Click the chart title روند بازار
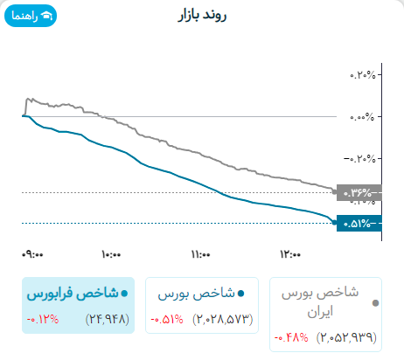201,17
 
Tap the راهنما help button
31,17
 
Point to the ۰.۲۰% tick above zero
362,74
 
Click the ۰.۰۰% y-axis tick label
362,116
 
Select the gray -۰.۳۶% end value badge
358,192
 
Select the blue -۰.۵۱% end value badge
358,223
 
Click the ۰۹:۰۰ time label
33,255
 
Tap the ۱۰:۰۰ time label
110,255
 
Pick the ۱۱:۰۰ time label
199,255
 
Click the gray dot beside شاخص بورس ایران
376,303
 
